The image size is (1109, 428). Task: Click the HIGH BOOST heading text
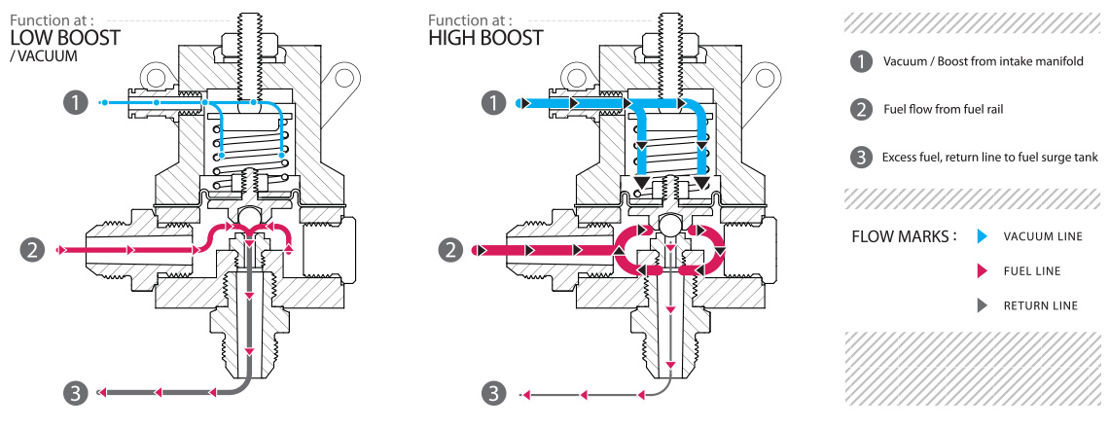point(485,38)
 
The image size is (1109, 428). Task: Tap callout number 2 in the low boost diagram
point(33,250)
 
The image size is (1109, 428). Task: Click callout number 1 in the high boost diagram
point(496,101)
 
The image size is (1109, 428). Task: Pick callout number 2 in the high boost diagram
point(450,250)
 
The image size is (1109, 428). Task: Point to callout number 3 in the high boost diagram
point(496,393)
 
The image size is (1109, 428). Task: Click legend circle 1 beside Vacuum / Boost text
point(860,62)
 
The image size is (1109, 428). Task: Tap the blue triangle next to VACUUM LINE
point(982,236)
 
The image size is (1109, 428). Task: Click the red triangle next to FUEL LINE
point(982,271)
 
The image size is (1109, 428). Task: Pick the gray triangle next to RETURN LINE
point(982,305)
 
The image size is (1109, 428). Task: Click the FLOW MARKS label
point(903,236)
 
